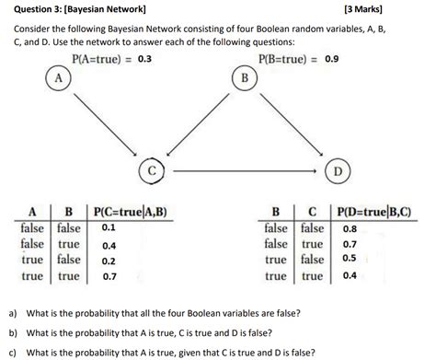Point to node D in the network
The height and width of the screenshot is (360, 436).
(x=337, y=171)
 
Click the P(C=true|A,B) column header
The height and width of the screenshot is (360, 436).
(x=132, y=211)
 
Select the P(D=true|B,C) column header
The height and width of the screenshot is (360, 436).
(x=375, y=211)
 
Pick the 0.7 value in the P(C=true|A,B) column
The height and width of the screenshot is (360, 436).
(x=109, y=275)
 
